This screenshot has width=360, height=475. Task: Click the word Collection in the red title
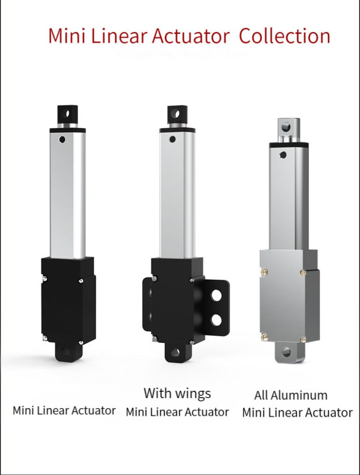tap(284, 37)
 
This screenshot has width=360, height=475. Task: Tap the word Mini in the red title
tap(66, 37)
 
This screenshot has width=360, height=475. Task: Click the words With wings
tap(177, 393)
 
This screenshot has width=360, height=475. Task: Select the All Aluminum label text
tap(291, 395)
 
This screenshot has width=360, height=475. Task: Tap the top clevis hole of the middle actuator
tap(175, 113)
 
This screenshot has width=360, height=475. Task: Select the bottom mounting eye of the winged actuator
tap(175, 352)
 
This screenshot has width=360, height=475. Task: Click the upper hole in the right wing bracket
tap(216, 295)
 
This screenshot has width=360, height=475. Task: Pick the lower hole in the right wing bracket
tap(216, 319)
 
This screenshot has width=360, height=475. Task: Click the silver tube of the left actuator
tap(67, 197)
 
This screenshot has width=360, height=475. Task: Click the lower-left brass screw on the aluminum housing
tap(264, 335)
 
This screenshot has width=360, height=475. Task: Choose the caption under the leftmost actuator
tap(64, 411)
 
